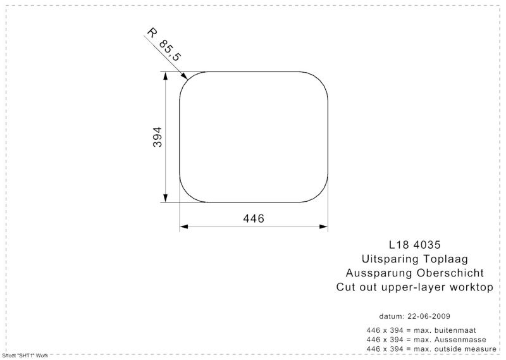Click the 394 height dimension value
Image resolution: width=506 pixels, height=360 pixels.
[x=157, y=137]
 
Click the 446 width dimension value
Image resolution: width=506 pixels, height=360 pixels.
[x=254, y=218]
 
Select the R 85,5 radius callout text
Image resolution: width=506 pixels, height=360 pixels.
[x=164, y=45]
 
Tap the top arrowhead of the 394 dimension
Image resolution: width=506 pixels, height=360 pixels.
[x=166, y=75]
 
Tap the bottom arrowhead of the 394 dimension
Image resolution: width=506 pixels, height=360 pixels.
[x=166, y=198]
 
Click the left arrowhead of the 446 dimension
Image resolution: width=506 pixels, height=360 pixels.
[x=183, y=227]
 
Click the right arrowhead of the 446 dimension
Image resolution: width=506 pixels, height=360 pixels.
[x=324, y=227]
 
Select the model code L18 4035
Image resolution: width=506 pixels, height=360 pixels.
[x=415, y=245]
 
